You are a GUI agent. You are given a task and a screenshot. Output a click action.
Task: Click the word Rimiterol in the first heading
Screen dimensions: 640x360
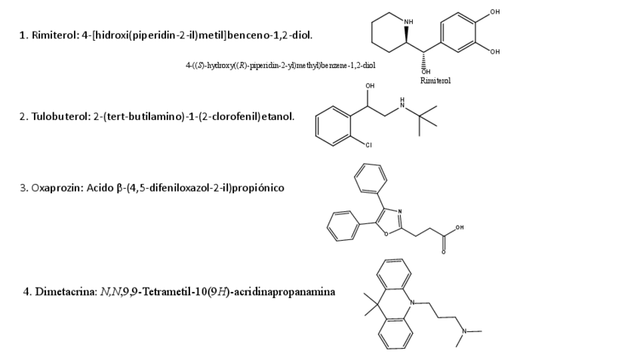coord(55,35)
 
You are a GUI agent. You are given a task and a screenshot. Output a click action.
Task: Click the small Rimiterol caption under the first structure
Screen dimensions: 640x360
coord(436,80)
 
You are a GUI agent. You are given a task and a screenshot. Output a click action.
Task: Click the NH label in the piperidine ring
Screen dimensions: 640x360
coord(409,21)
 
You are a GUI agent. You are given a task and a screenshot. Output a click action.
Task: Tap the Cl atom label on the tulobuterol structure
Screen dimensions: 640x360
coord(369,144)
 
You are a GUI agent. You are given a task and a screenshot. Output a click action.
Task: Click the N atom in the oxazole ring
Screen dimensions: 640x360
coord(399,211)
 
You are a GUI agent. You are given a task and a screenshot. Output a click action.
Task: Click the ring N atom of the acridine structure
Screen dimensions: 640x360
coord(414,303)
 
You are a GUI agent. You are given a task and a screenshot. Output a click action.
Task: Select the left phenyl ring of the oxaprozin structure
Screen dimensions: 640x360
coord(343,226)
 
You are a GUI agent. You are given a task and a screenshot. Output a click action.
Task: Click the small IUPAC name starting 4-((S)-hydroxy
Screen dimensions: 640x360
coord(281,66)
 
